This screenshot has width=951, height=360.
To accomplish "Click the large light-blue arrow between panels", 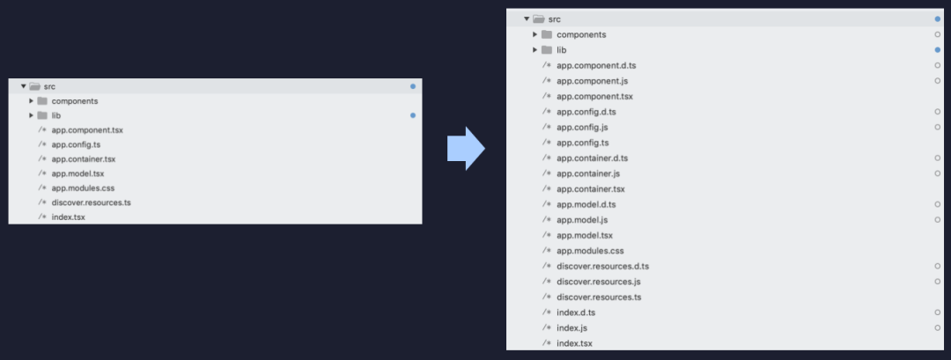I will coord(466,147).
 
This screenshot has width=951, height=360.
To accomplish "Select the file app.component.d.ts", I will coord(596,65).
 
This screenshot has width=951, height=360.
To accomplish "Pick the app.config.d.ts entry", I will coord(586,112).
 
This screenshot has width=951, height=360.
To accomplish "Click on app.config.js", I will coord(582,127).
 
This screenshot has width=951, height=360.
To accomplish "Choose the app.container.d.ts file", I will coord(592,158).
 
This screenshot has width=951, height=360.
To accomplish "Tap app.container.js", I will coord(588,173).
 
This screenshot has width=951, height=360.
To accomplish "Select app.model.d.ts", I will coord(586,204).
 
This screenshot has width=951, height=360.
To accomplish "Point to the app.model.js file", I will coord(582,220).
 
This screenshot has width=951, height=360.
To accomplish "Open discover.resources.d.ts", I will coord(602,266).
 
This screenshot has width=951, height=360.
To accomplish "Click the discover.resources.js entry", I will coord(598,282).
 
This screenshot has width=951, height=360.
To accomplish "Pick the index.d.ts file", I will coord(576,312).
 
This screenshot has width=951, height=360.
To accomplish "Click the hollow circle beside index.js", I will coord(937,327).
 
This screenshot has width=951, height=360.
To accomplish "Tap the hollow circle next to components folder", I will coord(937,34).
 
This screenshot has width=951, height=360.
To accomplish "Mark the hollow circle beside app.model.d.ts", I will coord(937,204).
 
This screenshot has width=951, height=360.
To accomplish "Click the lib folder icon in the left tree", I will coord(42,115).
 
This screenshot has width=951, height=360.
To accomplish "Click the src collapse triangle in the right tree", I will coord(527,18).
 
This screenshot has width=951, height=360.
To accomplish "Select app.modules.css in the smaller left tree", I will coord(83,187).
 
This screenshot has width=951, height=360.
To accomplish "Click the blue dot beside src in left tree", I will coord(413,86).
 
